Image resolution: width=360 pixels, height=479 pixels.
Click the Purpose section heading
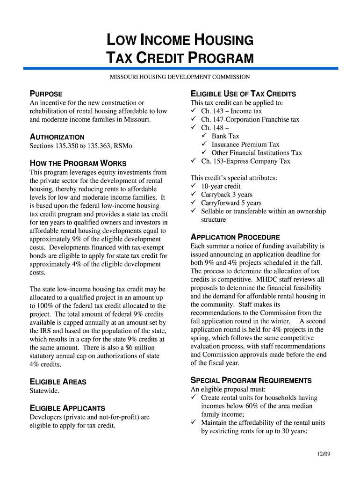46,94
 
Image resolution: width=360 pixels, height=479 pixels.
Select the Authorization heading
57,137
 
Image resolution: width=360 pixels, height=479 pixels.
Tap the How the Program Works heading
78,163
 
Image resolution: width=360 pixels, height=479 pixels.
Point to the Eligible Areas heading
58,382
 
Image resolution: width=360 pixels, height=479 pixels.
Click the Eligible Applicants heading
67,408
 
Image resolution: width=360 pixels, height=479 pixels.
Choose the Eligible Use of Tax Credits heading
243,94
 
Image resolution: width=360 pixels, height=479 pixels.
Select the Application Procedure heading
235,237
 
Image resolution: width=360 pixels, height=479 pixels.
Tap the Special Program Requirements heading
251,380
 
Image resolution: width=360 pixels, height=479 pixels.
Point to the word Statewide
44,391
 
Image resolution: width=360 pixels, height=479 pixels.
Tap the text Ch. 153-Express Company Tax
245,161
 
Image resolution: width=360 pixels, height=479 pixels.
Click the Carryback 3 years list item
226,195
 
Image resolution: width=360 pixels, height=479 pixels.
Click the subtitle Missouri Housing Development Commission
180,77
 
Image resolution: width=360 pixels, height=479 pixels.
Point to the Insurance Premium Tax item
245,145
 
